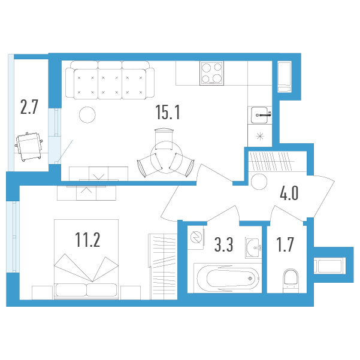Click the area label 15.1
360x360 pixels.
click(168, 112)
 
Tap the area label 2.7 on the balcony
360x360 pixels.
click(29, 107)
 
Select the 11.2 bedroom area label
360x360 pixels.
click(87, 240)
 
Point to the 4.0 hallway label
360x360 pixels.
click(289, 193)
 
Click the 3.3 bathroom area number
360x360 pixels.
click(223, 244)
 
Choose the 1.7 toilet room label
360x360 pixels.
click(285, 244)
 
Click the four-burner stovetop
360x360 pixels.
click(211, 73)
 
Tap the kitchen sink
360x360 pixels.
click(260, 115)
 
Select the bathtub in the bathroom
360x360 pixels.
click(228, 279)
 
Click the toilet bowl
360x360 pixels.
click(291, 281)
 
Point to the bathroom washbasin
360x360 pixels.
click(253, 248)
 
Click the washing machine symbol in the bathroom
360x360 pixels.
click(196, 238)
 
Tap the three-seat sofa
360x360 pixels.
click(110, 80)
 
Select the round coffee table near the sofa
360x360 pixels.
click(87, 115)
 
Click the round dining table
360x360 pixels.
click(167, 158)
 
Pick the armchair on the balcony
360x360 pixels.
click(29, 147)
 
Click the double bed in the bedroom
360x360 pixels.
click(86, 259)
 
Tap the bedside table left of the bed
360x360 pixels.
click(43, 293)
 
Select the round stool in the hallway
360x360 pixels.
click(259, 181)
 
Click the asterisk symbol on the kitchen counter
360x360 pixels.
click(260, 137)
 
